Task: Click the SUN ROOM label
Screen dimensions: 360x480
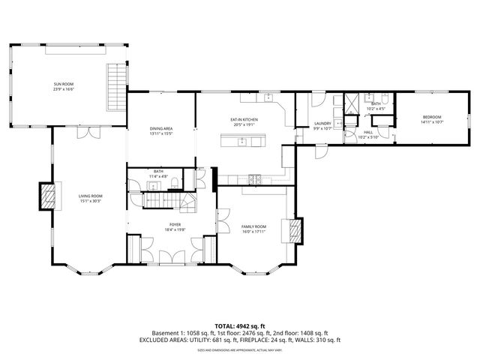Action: click(x=64, y=85)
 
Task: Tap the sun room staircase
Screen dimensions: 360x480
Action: click(x=116, y=86)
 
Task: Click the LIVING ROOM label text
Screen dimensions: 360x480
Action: click(x=90, y=196)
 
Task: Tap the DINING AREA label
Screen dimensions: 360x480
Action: click(x=161, y=129)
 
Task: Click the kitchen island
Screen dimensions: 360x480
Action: click(x=242, y=141)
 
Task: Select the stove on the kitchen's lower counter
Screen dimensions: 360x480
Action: click(x=255, y=178)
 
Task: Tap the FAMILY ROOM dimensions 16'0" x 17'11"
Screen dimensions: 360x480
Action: click(x=253, y=231)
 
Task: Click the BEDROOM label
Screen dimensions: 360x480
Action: click(x=431, y=117)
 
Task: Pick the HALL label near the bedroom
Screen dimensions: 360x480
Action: click(x=368, y=132)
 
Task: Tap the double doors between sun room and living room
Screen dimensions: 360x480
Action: click(x=88, y=133)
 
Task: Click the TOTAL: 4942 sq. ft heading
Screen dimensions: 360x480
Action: click(x=239, y=325)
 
